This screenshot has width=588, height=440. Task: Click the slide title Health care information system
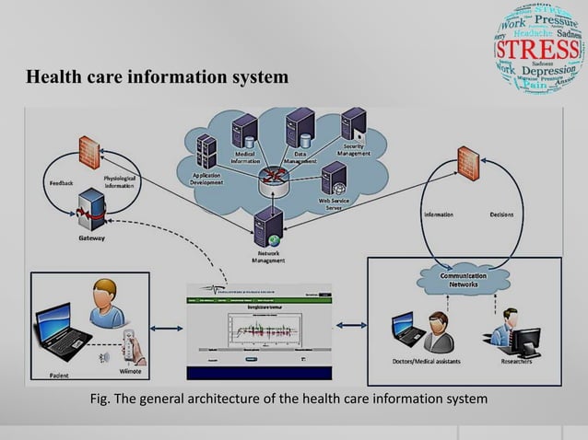coord(157,77)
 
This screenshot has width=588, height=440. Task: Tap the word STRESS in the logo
coord(537,47)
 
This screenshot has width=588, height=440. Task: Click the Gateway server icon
coord(90,207)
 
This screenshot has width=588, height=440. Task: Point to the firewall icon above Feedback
coord(89,151)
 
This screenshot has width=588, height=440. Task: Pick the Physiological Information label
coord(124,182)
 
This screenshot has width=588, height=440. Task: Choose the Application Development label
coord(207,179)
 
